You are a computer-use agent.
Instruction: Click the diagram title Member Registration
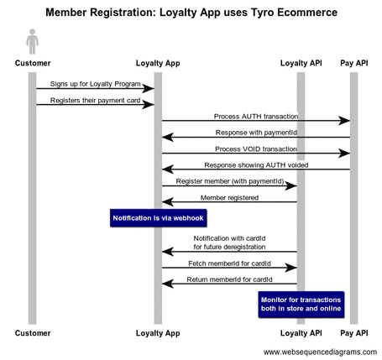coord(191,13)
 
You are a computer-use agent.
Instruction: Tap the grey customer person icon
coord(32,41)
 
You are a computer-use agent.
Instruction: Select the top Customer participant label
coord(32,62)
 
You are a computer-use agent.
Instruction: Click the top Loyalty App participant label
coord(158,62)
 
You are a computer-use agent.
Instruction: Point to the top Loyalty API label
coord(301,62)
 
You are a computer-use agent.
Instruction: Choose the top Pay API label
coord(353,62)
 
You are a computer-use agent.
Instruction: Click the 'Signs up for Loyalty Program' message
coord(95,84)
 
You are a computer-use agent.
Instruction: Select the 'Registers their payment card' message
coord(95,101)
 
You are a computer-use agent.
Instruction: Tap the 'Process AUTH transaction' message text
coord(255,117)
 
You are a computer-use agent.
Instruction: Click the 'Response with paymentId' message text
coord(255,133)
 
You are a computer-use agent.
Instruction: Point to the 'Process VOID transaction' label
coord(255,149)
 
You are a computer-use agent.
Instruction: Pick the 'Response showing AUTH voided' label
coord(255,165)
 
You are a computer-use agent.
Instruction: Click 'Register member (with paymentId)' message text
coord(229,180)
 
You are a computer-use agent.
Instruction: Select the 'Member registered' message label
coord(229,197)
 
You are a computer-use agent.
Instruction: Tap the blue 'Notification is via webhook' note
coord(158,218)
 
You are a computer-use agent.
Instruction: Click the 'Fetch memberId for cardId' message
coord(229,263)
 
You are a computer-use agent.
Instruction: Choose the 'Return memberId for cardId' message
coord(229,279)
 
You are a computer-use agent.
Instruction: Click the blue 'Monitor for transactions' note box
coord(301,304)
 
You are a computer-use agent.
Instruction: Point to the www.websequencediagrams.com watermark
coord(320,352)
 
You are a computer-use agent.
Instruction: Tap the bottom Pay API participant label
coord(353,333)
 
